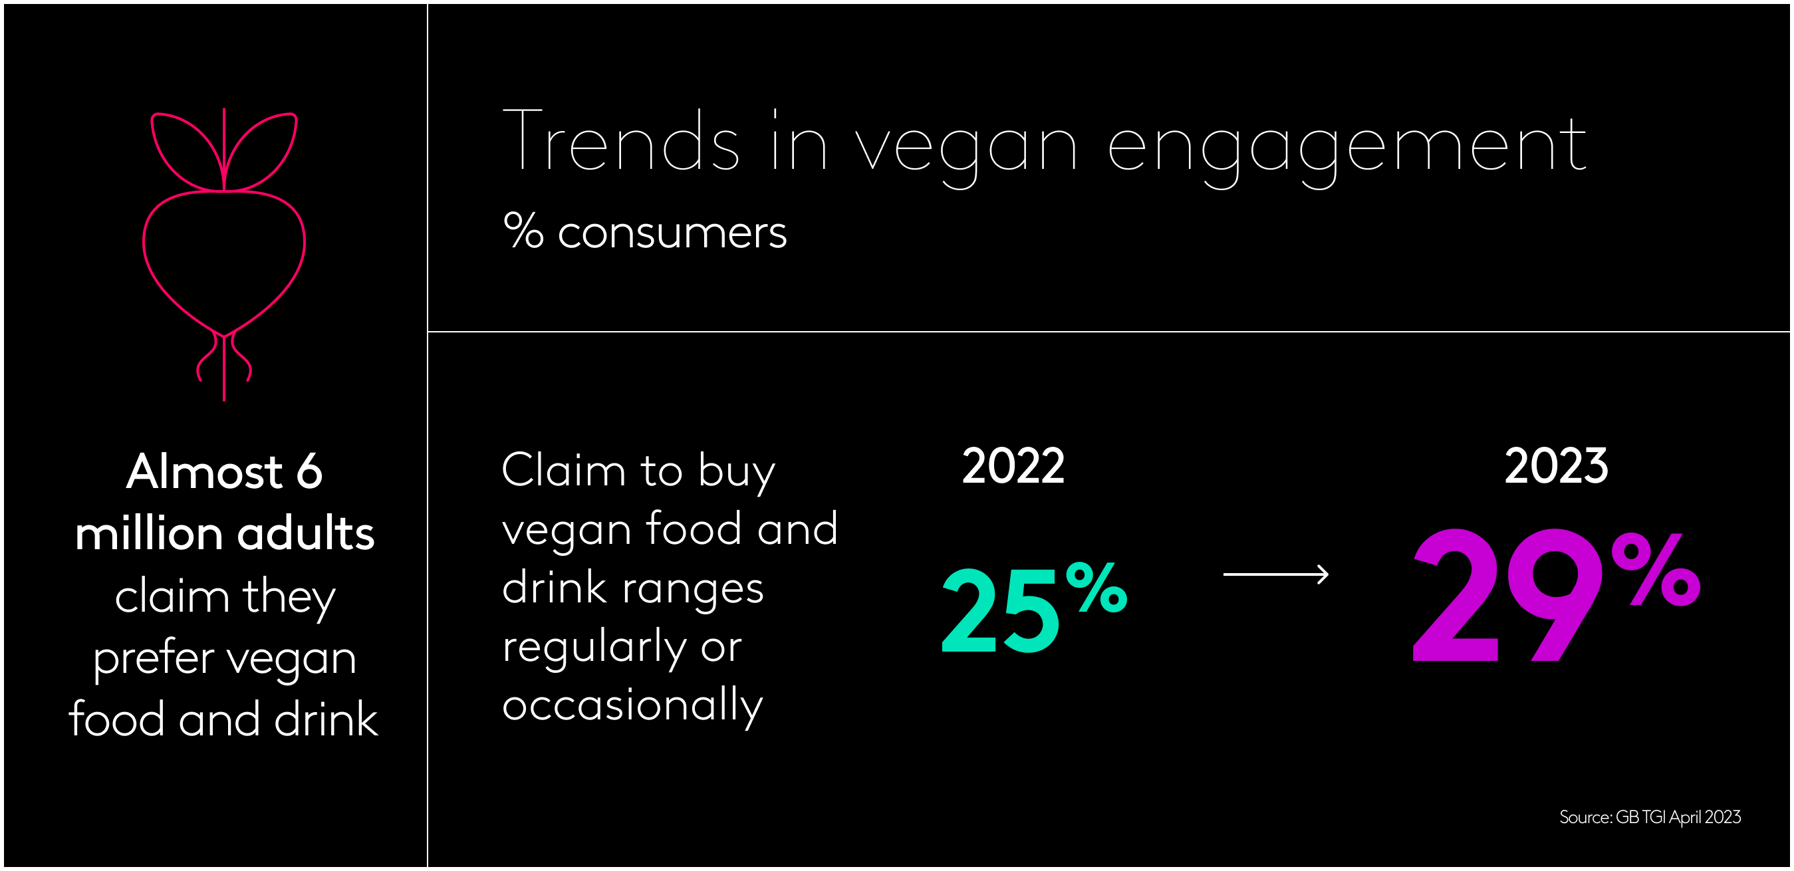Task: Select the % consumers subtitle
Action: (644, 232)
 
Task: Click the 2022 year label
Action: (1013, 466)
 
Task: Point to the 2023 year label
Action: (1556, 466)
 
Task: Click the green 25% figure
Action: (1033, 609)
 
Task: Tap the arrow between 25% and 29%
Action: (1276, 574)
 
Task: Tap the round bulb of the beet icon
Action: (223, 257)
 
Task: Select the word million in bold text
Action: (149, 534)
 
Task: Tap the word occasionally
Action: (632, 706)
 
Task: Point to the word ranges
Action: (692, 589)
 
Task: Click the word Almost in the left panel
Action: (204, 472)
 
